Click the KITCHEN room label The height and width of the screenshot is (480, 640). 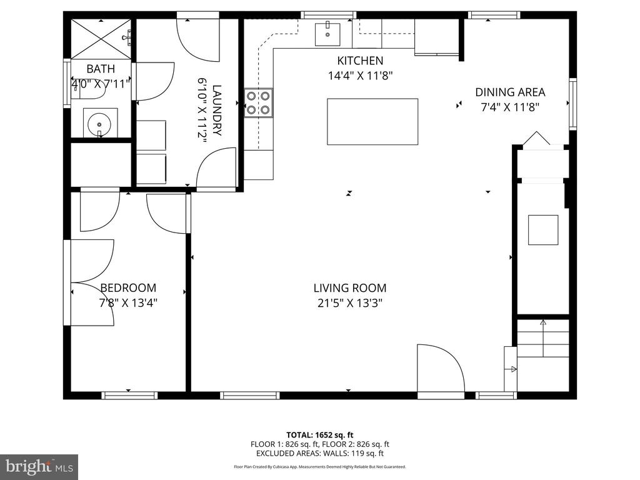coord(360,61)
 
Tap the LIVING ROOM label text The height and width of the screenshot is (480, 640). coord(350,288)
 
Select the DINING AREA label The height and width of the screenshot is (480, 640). coord(510,92)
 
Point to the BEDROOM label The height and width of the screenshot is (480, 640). coord(128,288)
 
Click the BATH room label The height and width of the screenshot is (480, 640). coord(101,69)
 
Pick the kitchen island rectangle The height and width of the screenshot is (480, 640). coord(372,121)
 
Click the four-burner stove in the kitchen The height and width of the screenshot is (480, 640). coord(259,103)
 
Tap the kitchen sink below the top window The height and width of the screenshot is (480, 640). coord(327,34)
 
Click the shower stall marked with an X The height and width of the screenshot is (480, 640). coord(101,39)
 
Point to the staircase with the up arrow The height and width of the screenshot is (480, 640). coord(543,338)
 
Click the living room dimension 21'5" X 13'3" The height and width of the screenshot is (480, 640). coord(350,303)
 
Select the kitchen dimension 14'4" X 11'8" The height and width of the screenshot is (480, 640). coord(360,76)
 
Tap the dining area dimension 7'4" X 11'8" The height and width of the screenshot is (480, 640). coord(510,107)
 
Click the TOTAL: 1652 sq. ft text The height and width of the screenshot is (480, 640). coord(319,435)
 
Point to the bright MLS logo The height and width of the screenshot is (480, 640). coord(39,466)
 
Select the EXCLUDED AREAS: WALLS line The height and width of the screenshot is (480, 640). coord(320,454)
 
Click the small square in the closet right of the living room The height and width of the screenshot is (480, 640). coord(543,230)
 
